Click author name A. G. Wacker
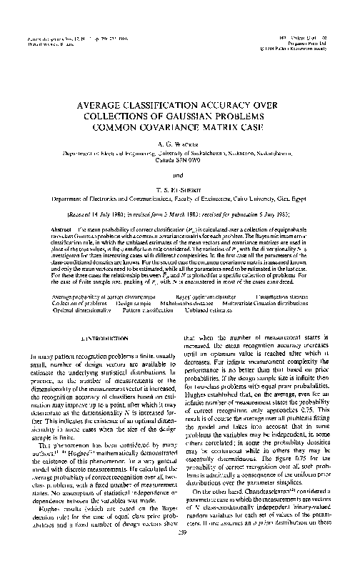(x=180, y=143)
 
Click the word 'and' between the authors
(x=180, y=172)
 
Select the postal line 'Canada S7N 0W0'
(x=180, y=161)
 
